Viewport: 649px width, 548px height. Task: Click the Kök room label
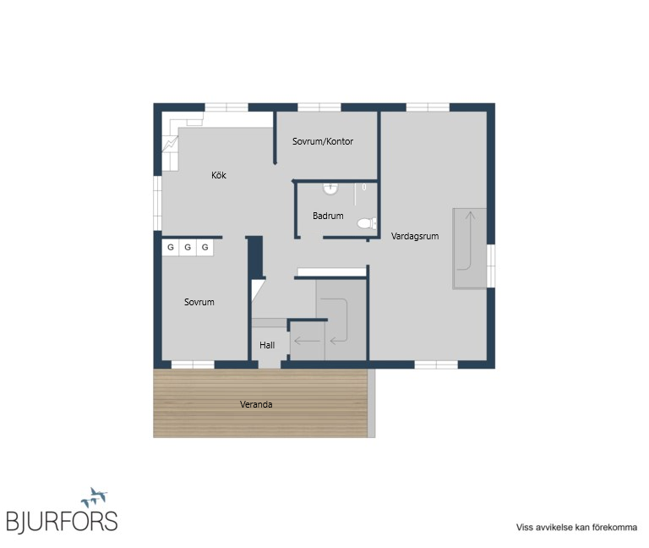219,175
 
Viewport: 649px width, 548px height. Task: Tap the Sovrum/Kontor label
323,141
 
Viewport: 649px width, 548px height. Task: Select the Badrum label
328,216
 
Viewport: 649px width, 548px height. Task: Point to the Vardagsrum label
415,236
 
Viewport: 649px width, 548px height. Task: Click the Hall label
267,345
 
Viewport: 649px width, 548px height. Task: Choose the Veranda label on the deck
256,404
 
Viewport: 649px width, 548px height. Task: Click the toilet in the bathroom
367,223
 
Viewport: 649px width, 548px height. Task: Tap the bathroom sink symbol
330,189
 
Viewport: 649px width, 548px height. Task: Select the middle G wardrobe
188,247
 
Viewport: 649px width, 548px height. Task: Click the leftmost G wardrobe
171,247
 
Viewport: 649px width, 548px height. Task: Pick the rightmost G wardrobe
205,247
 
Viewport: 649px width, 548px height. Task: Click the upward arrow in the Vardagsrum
470,240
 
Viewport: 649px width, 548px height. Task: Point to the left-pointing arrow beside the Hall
307,342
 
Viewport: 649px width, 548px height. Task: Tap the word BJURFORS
62,522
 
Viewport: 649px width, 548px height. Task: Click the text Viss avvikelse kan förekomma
576,528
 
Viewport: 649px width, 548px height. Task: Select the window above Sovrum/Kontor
319,107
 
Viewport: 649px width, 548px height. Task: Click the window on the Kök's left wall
157,203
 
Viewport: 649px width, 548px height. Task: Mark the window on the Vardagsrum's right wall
491,266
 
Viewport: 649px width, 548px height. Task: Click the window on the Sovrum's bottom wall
193,364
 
